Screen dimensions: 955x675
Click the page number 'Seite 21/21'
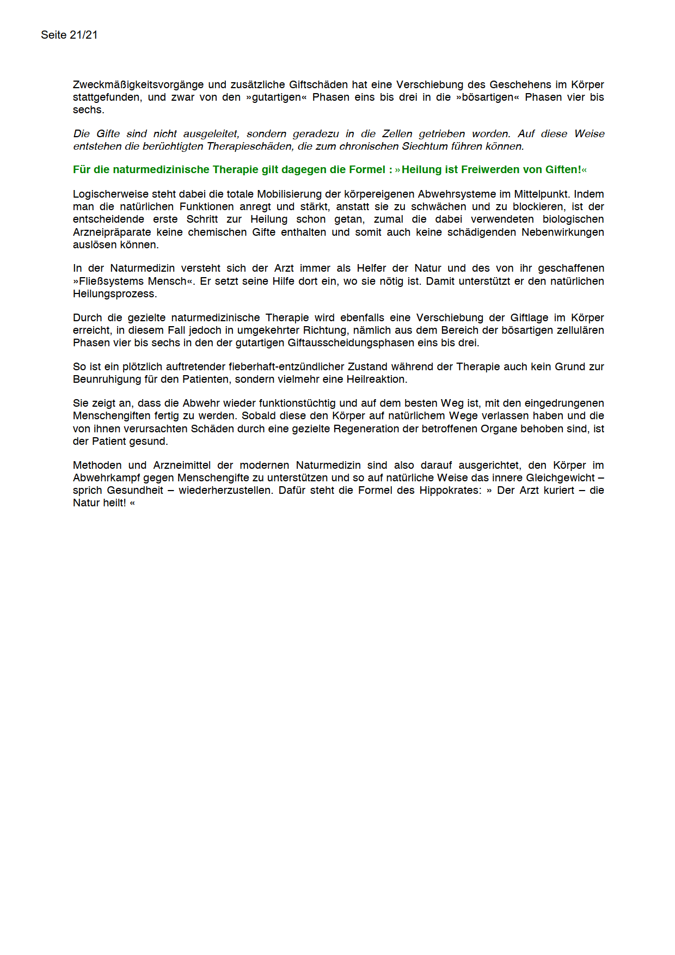coord(69,35)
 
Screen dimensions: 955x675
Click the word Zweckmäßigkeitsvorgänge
coord(138,85)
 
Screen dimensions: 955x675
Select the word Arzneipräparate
coord(112,232)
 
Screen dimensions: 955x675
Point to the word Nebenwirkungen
coord(563,232)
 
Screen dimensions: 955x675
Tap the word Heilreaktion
coord(375,379)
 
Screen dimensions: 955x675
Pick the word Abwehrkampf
coord(107,478)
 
